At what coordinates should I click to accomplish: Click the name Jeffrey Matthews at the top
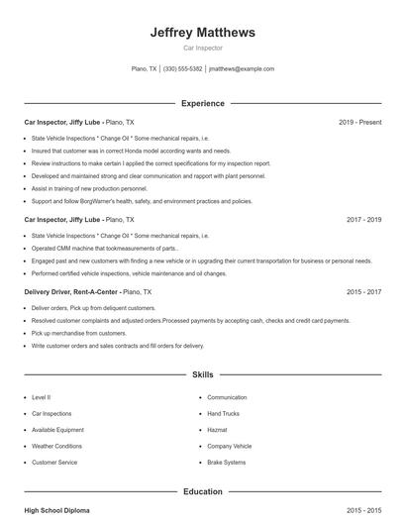click(x=202, y=33)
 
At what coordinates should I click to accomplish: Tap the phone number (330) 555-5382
click(x=182, y=69)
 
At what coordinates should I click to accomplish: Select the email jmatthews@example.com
click(x=242, y=69)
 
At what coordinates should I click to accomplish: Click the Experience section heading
click(x=202, y=103)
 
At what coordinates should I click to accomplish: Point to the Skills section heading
click(x=202, y=375)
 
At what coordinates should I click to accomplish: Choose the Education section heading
click(x=202, y=491)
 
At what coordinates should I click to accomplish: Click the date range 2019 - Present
click(x=359, y=122)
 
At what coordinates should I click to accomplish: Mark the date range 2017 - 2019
click(x=363, y=219)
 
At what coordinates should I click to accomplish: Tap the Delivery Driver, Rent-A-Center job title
click(x=87, y=293)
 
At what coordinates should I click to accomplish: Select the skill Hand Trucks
click(x=223, y=413)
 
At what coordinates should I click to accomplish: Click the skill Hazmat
click(x=217, y=430)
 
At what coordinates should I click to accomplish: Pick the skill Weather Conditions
click(x=56, y=446)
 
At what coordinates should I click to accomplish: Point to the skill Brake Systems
click(x=226, y=463)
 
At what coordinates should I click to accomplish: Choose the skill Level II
click(x=42, y=397)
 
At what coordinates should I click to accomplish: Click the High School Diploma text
click(x=56, y=510)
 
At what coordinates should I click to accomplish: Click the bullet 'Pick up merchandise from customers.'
click(x=79, y=334)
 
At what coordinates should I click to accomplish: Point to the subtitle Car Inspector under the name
click(x=202, y=48)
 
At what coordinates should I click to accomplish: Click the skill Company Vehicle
click(x=229, y=446)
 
